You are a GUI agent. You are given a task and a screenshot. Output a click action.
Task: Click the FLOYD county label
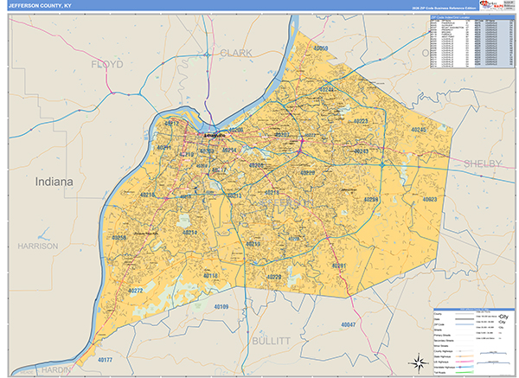tap(107, 64)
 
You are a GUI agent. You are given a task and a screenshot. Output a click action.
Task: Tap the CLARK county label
tap(236, 53)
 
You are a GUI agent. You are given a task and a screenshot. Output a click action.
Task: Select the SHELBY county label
tap(483, 163)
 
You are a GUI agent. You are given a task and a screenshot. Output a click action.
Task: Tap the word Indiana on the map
tap(55, 183)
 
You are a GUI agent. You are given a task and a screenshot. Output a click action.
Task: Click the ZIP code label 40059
tap(321, 48)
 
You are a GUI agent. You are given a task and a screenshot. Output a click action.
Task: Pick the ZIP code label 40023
tap(429, 199)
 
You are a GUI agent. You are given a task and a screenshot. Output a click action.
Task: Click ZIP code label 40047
tap(349, 324)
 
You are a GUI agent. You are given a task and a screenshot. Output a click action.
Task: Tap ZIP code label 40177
tap(104, 359)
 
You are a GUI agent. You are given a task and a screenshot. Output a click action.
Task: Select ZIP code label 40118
tap(211, 276)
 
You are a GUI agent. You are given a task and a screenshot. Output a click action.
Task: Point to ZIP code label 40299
tap(371, 200)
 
